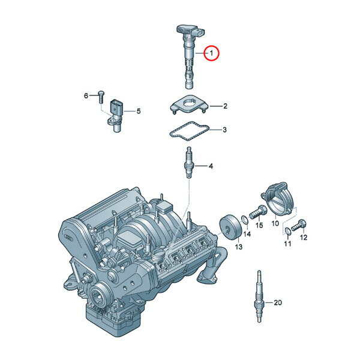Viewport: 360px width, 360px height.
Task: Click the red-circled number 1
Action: pos(212,53)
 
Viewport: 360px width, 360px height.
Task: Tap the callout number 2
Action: pos(225,106)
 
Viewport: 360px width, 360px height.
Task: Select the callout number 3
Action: pos(224,130)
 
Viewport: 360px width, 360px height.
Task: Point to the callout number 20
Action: pos(278,302)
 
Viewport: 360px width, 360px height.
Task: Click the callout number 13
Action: pos(239,247)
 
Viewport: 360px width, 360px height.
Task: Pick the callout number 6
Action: pos(86,95)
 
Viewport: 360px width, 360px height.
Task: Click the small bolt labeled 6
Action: pos(101,97)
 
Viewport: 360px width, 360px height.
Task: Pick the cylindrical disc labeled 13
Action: pos(230,227)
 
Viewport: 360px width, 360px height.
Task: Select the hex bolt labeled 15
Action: pos(258,212)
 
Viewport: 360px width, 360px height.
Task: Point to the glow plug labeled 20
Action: pos(259,297)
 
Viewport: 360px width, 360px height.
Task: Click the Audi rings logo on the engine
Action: pos(68,238)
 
